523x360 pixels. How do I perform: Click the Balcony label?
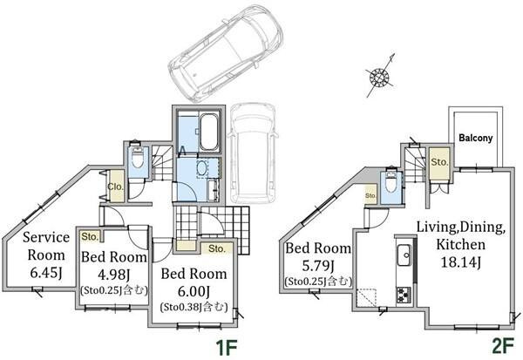click(475, 138)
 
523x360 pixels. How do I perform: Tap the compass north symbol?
click(380, 77)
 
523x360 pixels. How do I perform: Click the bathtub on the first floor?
click(209, 132)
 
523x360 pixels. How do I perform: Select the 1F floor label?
click(227, 348)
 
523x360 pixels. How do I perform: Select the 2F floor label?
click(503, 346)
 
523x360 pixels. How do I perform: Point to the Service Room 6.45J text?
click(46, 255)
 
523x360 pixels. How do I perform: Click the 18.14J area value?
click(460, 262)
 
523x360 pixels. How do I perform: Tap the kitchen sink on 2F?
click(404, 255)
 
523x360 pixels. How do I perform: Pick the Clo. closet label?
click(115, 187)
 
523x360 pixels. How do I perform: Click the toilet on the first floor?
click(137, 158)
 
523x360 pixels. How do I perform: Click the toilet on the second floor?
click(390, 182)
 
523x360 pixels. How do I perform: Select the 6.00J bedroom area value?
click(194, 292)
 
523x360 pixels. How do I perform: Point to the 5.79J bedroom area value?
click(318, 266)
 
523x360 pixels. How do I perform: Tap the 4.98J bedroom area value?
click(113, 275)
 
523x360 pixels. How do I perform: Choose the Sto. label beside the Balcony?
click(439, 162)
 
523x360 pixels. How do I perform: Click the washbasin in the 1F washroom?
click(202, 168)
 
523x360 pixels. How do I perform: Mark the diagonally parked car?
click(226, 53)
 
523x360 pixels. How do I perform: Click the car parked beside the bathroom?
click(252, 153)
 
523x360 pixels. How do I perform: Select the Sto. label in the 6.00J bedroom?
click(217, 248)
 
